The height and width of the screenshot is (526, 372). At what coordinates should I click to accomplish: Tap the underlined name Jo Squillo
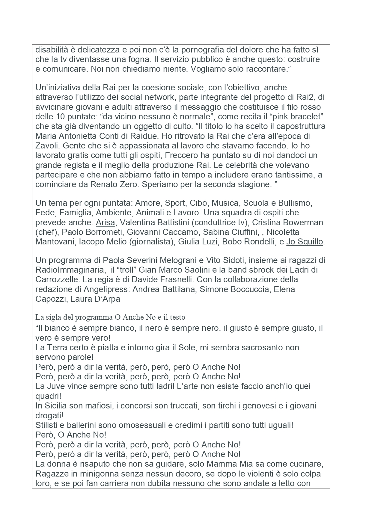click(305, 242)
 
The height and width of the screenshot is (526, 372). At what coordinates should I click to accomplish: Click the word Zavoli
click(46, 146)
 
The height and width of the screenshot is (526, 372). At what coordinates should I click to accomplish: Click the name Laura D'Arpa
click(95, 299)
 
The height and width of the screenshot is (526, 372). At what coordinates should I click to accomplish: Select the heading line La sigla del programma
click(110, 317)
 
